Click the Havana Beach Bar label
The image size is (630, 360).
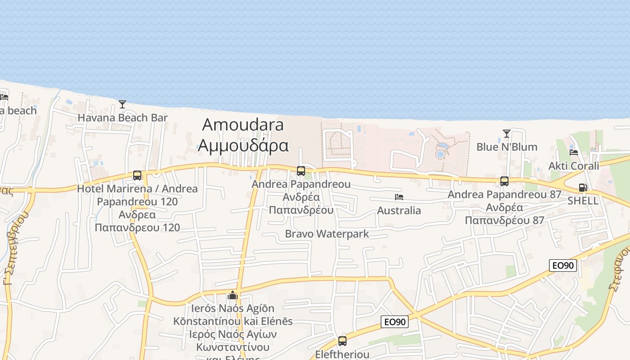tap(122, 118)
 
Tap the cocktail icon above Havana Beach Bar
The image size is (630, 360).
tap(122, 104)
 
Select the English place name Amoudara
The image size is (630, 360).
tap(243, 124)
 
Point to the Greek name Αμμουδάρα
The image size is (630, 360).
tap(243, 145)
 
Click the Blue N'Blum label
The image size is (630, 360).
tap(507, 147)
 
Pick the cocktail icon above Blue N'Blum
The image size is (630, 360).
tap(507, 134)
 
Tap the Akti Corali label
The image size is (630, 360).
tap(574, 166)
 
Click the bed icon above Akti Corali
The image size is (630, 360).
tap(574, 152)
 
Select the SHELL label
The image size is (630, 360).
tap(583, 201)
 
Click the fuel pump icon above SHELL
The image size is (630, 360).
tap(583, 188)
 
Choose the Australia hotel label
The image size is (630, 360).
tap(399, 210)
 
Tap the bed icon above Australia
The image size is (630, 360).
tap(399, 197)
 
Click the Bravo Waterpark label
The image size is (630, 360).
tap(327, 234)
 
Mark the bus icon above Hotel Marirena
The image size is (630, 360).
tap(137, 175)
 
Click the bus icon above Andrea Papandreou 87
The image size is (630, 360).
tap(504, 181)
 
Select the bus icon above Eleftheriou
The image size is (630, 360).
tap(342, 341)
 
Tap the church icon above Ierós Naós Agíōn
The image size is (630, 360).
tap(233, 295)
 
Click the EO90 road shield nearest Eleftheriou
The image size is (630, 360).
tap(395, 322)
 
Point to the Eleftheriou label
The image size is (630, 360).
tap(342, 354)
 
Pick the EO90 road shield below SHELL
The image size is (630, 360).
tap(563, 265)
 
